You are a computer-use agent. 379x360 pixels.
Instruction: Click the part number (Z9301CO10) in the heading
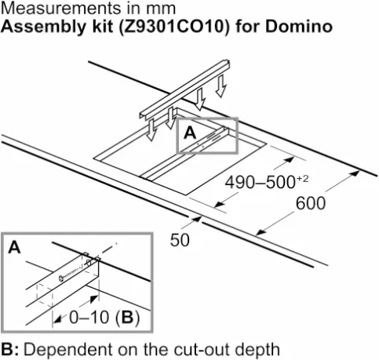coord(173,27)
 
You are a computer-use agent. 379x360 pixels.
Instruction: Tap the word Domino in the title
coord(299,27)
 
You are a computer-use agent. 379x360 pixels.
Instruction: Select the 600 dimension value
coord(311,203)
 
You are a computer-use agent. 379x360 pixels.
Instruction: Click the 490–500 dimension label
coord(261,182)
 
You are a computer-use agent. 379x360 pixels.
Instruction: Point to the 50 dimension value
coord(180,240)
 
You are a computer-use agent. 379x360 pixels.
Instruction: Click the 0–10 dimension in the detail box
coord(89,318)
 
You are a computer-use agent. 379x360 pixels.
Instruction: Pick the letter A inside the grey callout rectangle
coord(190,133)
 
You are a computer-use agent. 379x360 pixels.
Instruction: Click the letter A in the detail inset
coord(14,247)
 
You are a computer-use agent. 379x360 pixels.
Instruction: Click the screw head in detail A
coord(61,278)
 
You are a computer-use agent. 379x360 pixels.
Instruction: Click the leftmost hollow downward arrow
coord(151,129)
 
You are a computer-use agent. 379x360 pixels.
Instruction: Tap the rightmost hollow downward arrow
coord(220,86)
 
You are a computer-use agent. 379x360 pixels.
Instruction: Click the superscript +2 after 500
coord(303,179)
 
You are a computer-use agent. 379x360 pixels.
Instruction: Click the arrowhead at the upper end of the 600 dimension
coord(355,173)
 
